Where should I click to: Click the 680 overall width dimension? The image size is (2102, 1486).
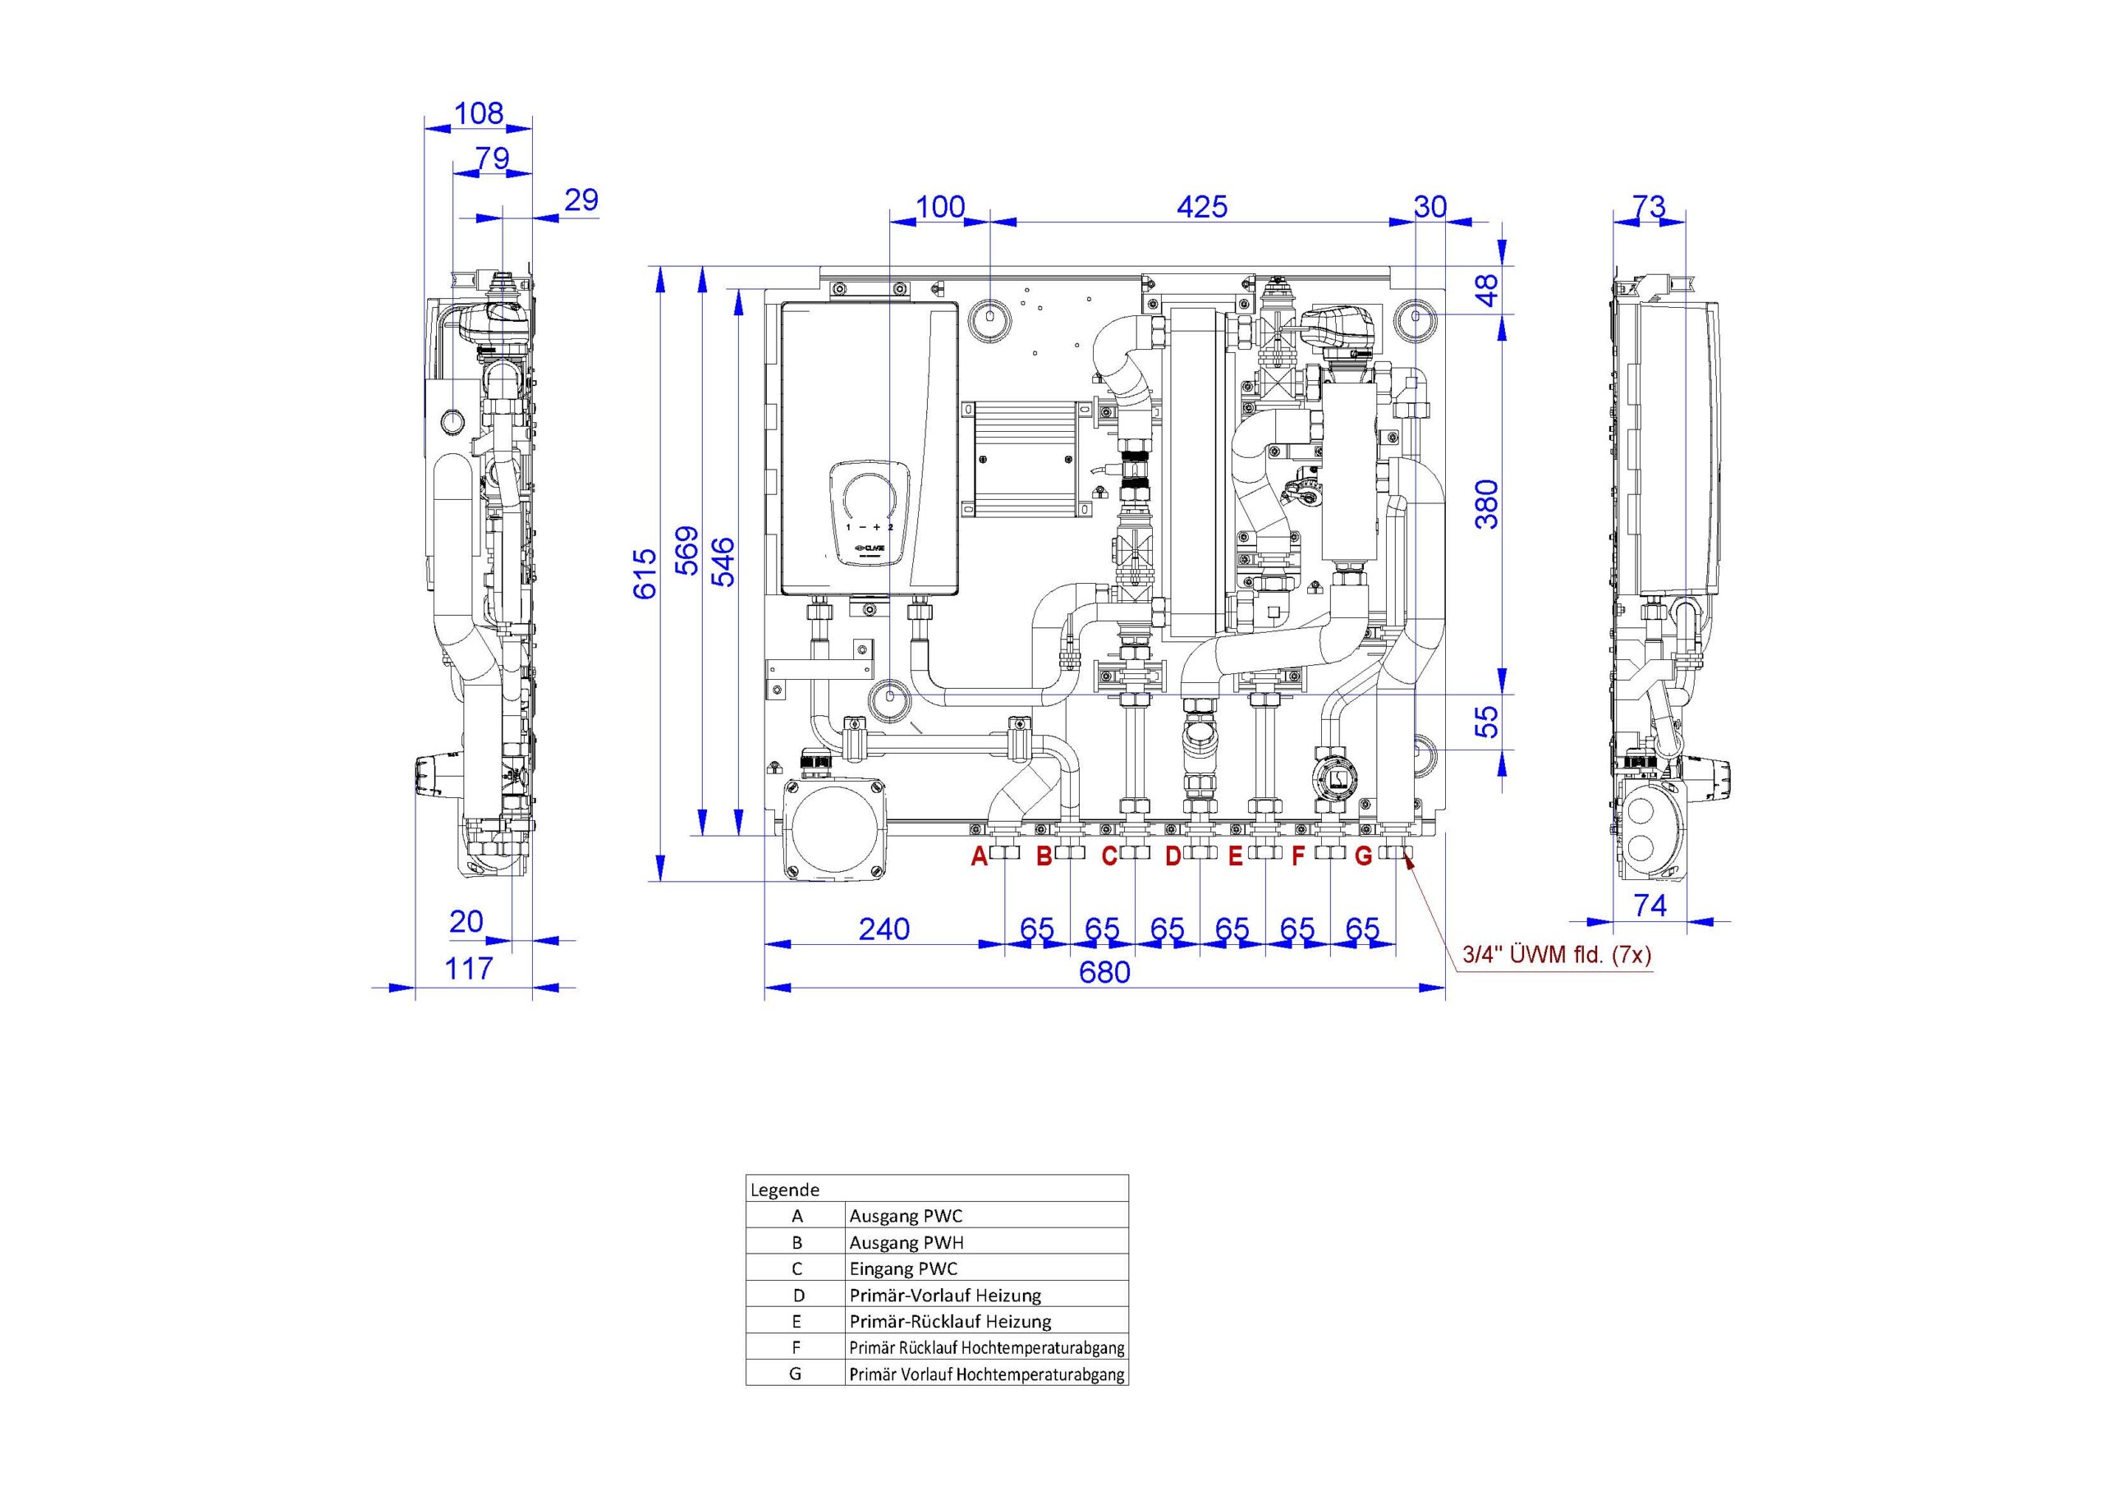coord(1104,972)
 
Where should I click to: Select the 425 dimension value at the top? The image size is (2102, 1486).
coord(1201,207)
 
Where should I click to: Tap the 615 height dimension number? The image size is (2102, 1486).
coord(645,573)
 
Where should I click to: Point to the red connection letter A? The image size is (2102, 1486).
coord(980,857)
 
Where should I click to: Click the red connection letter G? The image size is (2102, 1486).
coord(1363,857)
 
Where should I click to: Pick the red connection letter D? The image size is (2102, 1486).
coord(1173,857)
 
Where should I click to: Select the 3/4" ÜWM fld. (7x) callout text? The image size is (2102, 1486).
coord(1556,955)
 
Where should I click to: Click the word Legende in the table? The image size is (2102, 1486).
coord(785,1190)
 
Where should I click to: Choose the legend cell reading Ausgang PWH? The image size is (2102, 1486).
coord(906,1242)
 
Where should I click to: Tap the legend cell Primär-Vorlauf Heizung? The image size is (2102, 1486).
coord(945,1295)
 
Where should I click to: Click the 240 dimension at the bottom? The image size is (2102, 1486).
coord(883,929)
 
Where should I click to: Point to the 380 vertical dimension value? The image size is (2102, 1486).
coord(1489,503)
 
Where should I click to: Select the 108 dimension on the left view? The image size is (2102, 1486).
coord(479,112)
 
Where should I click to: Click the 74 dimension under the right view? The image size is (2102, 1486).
coord(1650,906)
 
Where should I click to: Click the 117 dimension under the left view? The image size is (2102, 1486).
coord(469,968)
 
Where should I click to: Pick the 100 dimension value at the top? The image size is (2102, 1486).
coord(940,207)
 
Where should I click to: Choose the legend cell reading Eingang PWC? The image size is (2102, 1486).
coord(903,1269)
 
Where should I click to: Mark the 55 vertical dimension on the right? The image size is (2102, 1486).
coord(1489,722)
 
